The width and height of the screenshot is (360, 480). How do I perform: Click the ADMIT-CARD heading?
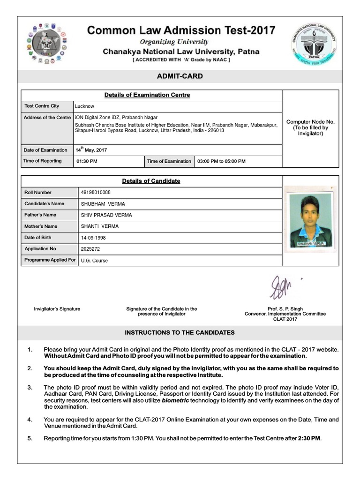pyautogui.click(x=180, y=76)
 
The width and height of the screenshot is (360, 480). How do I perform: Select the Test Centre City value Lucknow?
pyautogui.click(x=85, y=106)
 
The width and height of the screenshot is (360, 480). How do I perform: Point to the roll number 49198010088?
pyautogui.click(x=96, y=193)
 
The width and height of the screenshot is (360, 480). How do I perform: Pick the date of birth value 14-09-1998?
pyautogui.click(x=93, y=238)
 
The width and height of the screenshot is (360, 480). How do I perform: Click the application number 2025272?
pyautogui.click(x=90, y=249)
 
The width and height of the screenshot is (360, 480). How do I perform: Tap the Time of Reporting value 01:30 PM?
pyautogui.click(x=87, y=161)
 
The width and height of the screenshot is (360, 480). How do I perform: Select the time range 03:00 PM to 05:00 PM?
pyautogui.click(x=221, y=161)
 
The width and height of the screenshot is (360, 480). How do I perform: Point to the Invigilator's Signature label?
pyautogui.click(x=57, y=309)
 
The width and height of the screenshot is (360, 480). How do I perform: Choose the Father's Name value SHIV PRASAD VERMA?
pyautogui.click(x=106, y=215)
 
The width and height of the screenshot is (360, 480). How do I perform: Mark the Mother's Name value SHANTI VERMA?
pyautogui.click(x=100, y=226)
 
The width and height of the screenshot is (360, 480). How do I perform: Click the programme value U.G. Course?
pyautogui.click(x=94, y=260)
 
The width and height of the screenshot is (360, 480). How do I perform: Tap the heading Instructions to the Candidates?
pyautogui.click(x=180, y=332)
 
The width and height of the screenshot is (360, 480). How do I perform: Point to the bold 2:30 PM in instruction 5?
pyautogui.click(x=309, y=438)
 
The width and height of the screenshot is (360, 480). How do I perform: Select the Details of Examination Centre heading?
pyautogui.click(x=147, y=95)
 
